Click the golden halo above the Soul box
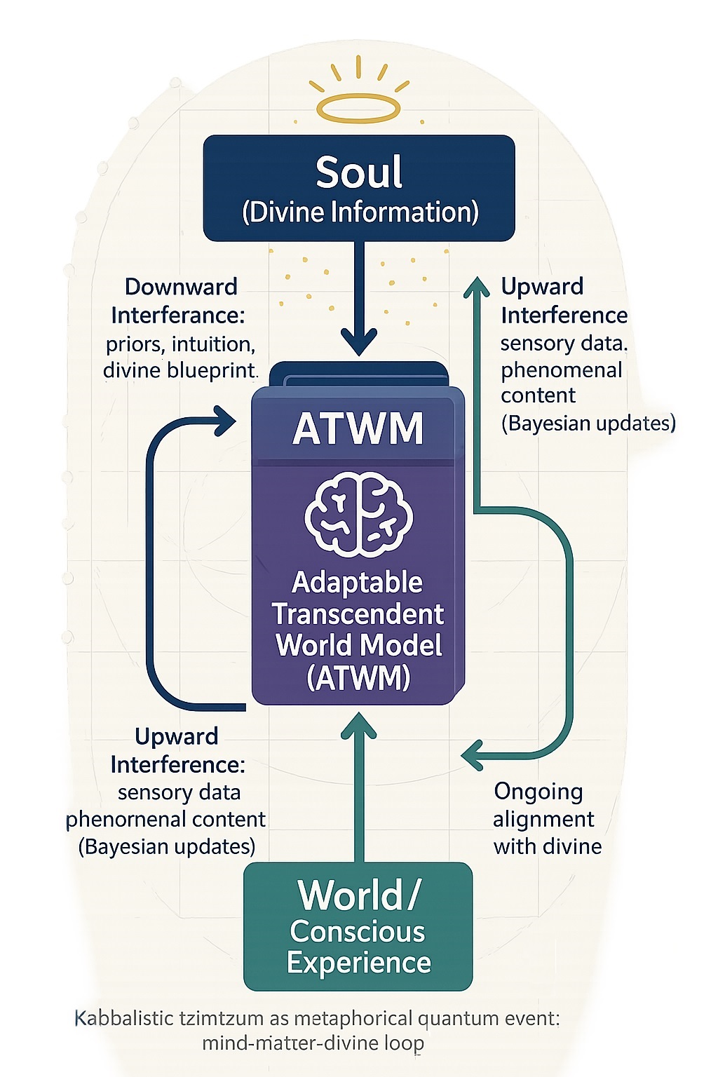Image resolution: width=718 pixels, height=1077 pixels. coord(358,109)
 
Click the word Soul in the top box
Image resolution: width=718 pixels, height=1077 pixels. coord(359,172)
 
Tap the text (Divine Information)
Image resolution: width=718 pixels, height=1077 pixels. coord(360,212)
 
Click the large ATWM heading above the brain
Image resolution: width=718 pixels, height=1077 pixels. coord(358,428)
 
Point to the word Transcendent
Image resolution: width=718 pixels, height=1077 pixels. coord(358,614)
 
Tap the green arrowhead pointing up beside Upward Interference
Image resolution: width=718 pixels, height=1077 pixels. coord(477,287)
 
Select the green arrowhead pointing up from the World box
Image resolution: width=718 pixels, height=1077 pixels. coord(358,726)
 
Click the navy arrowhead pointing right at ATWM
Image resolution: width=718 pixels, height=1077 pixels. coord(226,421)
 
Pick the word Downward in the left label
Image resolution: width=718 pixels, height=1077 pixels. coord(181,287)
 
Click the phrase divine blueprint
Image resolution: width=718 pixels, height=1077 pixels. coord(181,370)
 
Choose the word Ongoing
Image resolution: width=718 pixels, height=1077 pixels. coord(538,792)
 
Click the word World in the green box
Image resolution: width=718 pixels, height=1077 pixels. coord(349,895)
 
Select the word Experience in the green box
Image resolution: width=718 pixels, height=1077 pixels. coord(358,963)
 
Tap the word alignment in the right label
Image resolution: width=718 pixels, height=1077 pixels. coord(543,819)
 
